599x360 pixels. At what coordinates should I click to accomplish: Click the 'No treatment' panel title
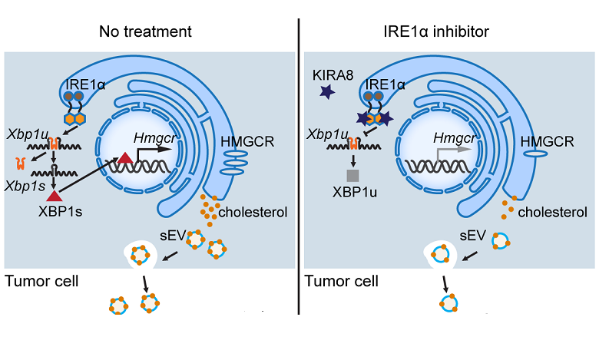coord(146,31)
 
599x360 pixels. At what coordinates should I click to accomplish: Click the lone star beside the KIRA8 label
coord(327,94)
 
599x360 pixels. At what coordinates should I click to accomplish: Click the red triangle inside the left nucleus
coord(123,158)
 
